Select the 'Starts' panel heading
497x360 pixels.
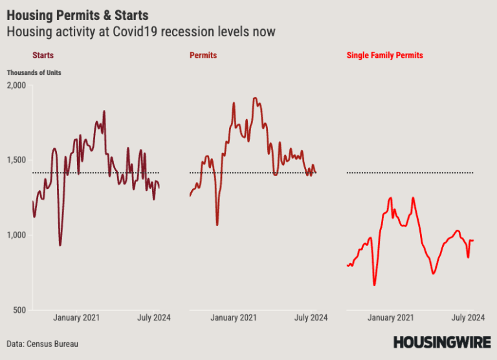(x=43, y=56)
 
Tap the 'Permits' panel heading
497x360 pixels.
(x=203, y=56)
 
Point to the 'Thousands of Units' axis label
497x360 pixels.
(x=34, y=73)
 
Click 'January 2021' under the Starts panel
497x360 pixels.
(x=76, y=317)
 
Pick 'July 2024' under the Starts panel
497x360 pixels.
(x=153, y=317)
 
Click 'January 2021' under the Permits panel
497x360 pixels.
(x=234, y=317)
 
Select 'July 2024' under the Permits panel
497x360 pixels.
(x=311, y=317)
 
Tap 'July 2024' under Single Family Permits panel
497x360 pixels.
(x=468, y=317)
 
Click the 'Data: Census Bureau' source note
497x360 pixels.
(x=42, y=343)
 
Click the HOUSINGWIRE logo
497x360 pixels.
(x=441, y=343)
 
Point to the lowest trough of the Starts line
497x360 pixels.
(x=60, y=245)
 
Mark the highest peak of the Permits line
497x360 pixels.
(x=254, y=98)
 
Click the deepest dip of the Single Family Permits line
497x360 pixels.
(x=375, y=284)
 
